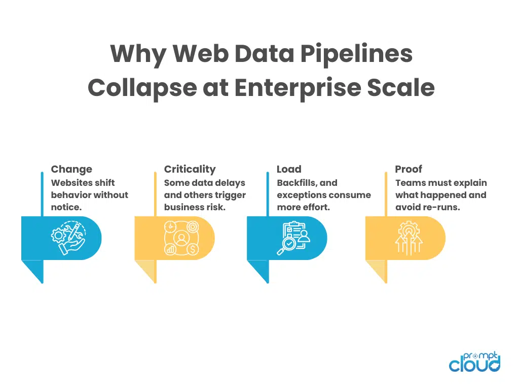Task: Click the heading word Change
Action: click(71, 170)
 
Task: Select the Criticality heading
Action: click(190, 170)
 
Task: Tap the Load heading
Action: click(289, 170)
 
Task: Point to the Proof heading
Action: click(409, 170)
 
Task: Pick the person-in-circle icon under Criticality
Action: click(180, 238)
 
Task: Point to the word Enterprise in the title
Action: click(301, 87)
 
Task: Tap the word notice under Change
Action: click(66, 207)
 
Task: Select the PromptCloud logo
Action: click(474, 362)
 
